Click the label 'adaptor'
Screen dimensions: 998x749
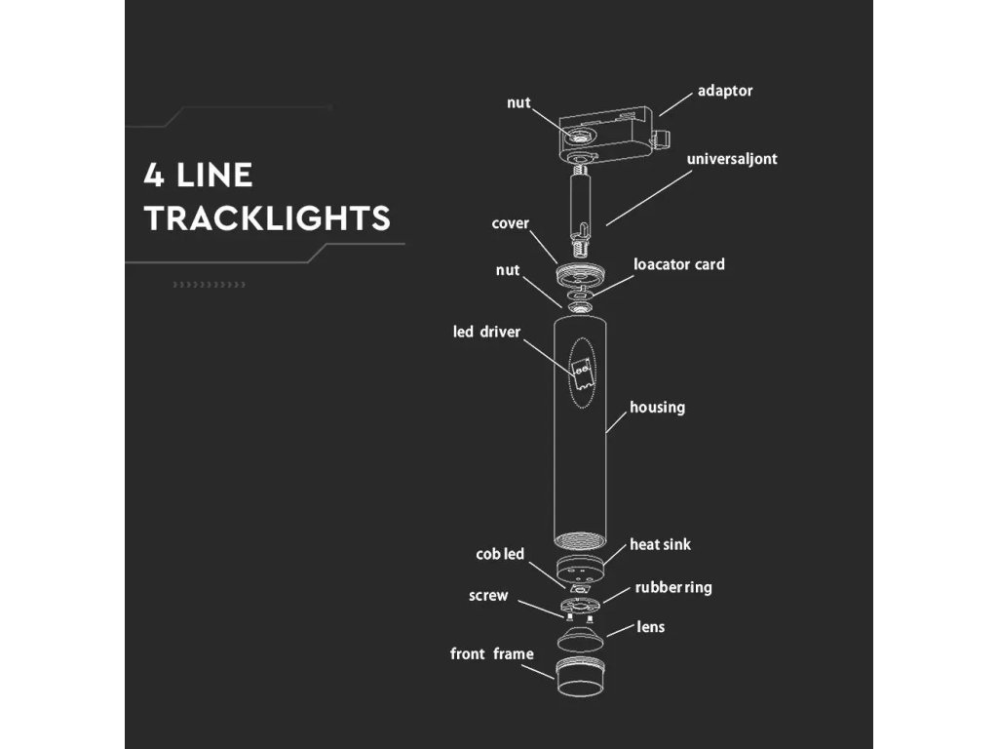(x=725, y=91)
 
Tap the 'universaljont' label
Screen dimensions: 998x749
(x=732, y=158)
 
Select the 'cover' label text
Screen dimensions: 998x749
(x=510, y=223)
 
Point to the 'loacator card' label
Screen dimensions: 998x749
(x=678, y=264)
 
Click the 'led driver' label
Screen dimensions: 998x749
(x=486, y=332)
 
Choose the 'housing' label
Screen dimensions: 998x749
(x=657, y=407)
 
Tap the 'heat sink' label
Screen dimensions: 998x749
(x=660, y=544)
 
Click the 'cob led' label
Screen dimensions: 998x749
(x=500, y=554)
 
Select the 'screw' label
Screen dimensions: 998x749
(x=488, y=595)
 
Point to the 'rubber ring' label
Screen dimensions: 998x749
(x=673, y=587)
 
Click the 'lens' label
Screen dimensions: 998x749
(x=650, y=626)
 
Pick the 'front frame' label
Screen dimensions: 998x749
(x=491, y=653)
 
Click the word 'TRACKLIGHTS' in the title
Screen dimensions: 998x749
(x=267, y=218)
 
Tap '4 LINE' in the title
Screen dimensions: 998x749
(x=198, y=176)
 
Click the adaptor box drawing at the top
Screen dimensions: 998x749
(x=605, y=138)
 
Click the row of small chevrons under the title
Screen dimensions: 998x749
(x=209, y=284)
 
